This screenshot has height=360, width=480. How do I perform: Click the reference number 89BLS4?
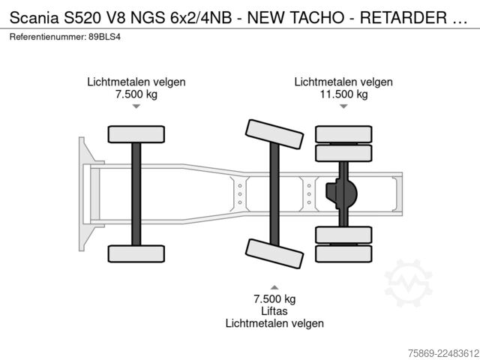(x=105, y=37)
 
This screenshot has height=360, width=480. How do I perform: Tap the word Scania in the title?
(x=34, y=18)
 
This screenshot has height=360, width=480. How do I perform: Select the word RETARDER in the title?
(x=403, y=18)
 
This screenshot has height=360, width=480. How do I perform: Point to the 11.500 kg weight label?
(x=343, y=94)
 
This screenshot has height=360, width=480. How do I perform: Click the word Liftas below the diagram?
(x=274, y=311)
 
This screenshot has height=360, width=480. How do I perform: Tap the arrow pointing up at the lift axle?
(x=274, y=287)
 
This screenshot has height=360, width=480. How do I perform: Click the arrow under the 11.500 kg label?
(x=343, y=106)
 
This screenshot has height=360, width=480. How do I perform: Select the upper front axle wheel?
(x=136, y=134)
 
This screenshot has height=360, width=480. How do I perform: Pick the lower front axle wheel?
(x=136, y=253)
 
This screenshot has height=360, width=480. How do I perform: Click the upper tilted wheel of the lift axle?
(x=274, y=134)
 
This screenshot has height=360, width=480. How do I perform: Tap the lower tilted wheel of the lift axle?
(x=274, y=253)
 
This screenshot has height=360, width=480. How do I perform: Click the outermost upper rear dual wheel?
(x=343, y=134)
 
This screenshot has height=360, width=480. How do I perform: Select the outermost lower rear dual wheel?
(x=343, y=253)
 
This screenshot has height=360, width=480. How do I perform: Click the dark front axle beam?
(x=136, y=194)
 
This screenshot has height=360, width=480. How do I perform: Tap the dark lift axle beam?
(x=274, y=194)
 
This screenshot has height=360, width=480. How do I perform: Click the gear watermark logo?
(x=408, y=283)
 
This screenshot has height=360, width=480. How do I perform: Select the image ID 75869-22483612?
(x=443, y=353)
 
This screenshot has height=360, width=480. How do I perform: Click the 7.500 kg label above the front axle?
(x=136, y=94)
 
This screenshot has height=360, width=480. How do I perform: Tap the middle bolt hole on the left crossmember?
(x=240, y=194)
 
